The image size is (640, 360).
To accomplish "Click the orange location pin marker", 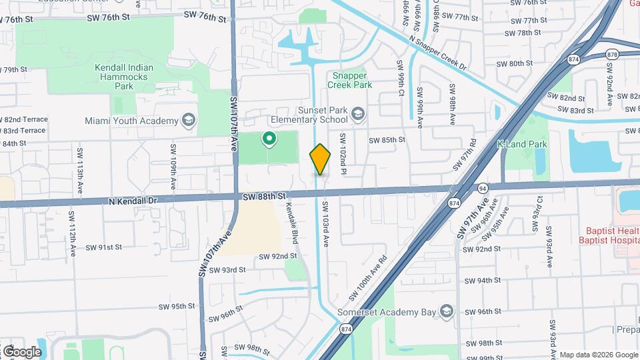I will click(x=320, y=159).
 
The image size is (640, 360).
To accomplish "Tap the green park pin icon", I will click(x=269, y=139).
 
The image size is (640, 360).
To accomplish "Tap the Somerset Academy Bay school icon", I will click(x=447, y=311).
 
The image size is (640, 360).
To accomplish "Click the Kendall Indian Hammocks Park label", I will click(x=124, y=77).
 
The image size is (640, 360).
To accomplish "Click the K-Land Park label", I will click(x=522, y=144).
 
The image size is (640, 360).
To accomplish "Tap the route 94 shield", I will click(x=482, y=189).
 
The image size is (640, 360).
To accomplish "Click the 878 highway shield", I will click(x=613, y=54).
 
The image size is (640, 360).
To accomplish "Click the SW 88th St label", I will click(x=264, y=196).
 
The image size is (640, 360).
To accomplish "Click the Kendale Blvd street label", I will click(x=291, y=223).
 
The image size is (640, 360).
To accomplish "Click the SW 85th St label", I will click(x=387, y=139).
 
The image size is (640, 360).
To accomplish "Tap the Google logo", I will click(x=21, y=351).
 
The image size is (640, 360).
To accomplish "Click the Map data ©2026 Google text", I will click(x=598, y=355).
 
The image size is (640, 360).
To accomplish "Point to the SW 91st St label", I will click(x=103, y=247).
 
